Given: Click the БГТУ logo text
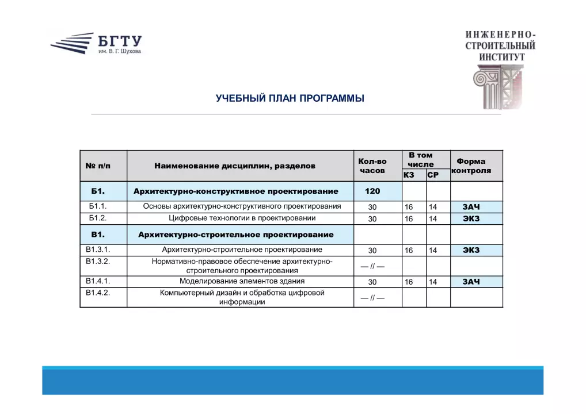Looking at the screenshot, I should coord(119,42).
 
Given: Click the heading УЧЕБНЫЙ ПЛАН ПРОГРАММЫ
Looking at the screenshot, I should coord(290,98).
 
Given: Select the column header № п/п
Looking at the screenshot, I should coord(98,166).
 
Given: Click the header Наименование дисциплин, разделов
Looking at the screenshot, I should coord(235,166).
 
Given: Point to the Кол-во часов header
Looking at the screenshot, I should coord(372,166).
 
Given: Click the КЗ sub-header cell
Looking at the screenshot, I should coord(409,175).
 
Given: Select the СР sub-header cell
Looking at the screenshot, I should coord(433,175).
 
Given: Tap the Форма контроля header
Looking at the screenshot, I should coord(471,166).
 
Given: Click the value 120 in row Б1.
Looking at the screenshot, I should coord(372,191).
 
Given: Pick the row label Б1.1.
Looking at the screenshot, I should coord(98,206).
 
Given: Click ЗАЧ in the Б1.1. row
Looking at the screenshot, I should coord(471,206).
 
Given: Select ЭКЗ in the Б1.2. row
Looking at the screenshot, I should coord(471,218).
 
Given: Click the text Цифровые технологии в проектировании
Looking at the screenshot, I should coord(242,218).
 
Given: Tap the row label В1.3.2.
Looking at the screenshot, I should coord(98,261).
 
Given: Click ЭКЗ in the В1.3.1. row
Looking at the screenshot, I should coord(471,250).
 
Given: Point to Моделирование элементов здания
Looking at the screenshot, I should coord(242,281).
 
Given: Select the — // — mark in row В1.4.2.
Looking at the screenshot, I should coord(372,298).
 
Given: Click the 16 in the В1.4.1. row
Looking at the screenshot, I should coord(409,282).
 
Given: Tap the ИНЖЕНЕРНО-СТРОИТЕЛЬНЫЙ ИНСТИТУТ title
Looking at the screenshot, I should coord(500,45).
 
